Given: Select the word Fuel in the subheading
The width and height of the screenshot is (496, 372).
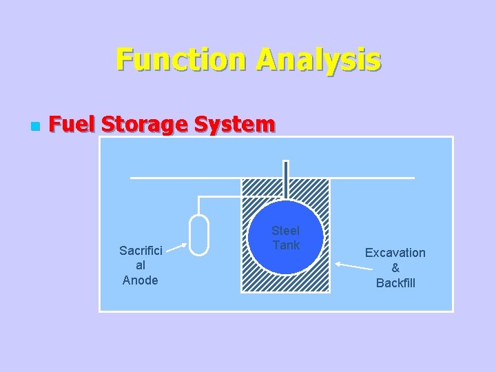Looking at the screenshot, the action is coord(72,125).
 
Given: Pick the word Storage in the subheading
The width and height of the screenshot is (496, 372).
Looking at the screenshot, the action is coord(145,125).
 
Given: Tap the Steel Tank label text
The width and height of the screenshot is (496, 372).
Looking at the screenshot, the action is coord(285,238).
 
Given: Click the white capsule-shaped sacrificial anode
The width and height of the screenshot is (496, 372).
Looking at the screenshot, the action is coord(198,235).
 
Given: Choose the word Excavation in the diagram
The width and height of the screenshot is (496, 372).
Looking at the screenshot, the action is coord(395,253).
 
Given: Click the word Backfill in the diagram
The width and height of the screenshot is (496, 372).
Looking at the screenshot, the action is coord(395,282).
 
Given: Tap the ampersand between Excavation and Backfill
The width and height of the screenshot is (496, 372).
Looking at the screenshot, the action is coord(395,268).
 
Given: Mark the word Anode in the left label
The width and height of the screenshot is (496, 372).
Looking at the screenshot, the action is coord(140,280).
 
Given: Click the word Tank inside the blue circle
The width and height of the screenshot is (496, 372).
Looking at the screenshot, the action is coord(286,245).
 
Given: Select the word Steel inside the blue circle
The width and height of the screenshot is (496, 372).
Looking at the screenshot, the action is coord(285,231).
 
